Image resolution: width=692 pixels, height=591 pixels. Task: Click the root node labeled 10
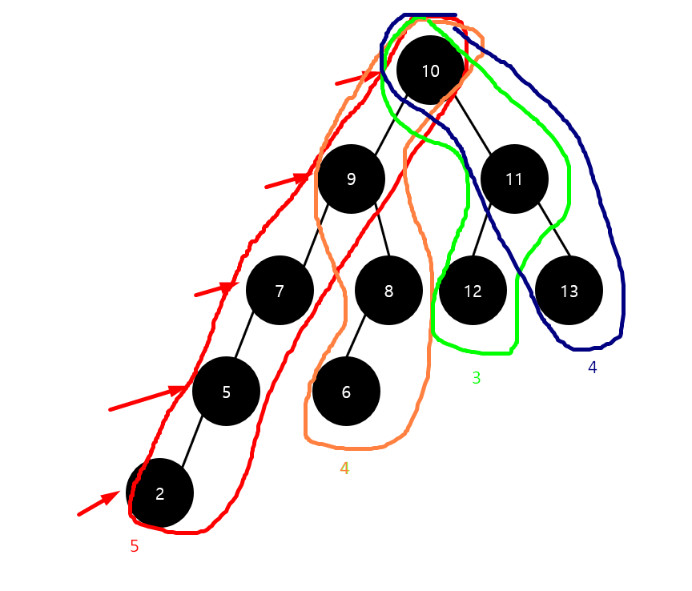pos(430,70)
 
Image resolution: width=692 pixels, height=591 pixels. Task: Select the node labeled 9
pos(351,179)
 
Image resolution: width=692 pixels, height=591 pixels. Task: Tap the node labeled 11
pos(514,179)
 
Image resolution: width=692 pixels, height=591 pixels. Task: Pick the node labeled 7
pos(279,291)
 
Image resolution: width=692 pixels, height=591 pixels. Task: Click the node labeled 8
pos(388,291)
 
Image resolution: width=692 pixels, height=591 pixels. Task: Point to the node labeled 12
pos(473,291)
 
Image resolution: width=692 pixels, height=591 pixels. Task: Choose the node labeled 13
pos(569,291)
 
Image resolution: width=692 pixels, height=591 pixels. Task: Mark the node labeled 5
pos(227,392)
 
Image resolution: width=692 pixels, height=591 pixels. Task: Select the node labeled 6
pos(346,392)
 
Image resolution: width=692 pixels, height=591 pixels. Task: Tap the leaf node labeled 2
pos(160,493)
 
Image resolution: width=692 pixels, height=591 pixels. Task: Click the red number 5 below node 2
pos(135,546)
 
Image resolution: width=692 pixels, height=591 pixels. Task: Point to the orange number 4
pos(344,468)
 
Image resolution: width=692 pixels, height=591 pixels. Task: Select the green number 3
pos(477,378)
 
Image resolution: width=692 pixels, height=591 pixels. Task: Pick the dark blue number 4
pos(593,368)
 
